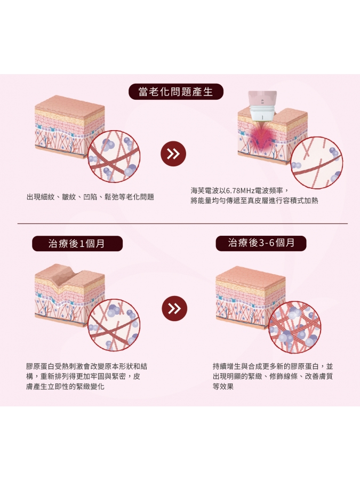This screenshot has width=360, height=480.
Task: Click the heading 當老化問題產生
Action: click(x=175, y=92)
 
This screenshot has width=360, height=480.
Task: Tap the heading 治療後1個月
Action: click(x=77, y=244)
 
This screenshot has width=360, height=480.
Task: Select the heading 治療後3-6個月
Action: click(x=261, y=243)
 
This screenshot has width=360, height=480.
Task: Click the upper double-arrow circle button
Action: click(x=173, y=154)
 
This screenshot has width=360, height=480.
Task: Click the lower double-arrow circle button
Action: click(x=174, y=308)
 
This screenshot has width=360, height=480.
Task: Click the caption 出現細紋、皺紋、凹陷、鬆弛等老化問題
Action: click(x=90, y=197)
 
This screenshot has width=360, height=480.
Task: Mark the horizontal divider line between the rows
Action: click(x=182, y=224)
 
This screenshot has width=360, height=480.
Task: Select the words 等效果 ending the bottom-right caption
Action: click(x=223, y=386)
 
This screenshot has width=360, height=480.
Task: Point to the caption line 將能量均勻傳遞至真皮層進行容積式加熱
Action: click(x=254, y=201)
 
